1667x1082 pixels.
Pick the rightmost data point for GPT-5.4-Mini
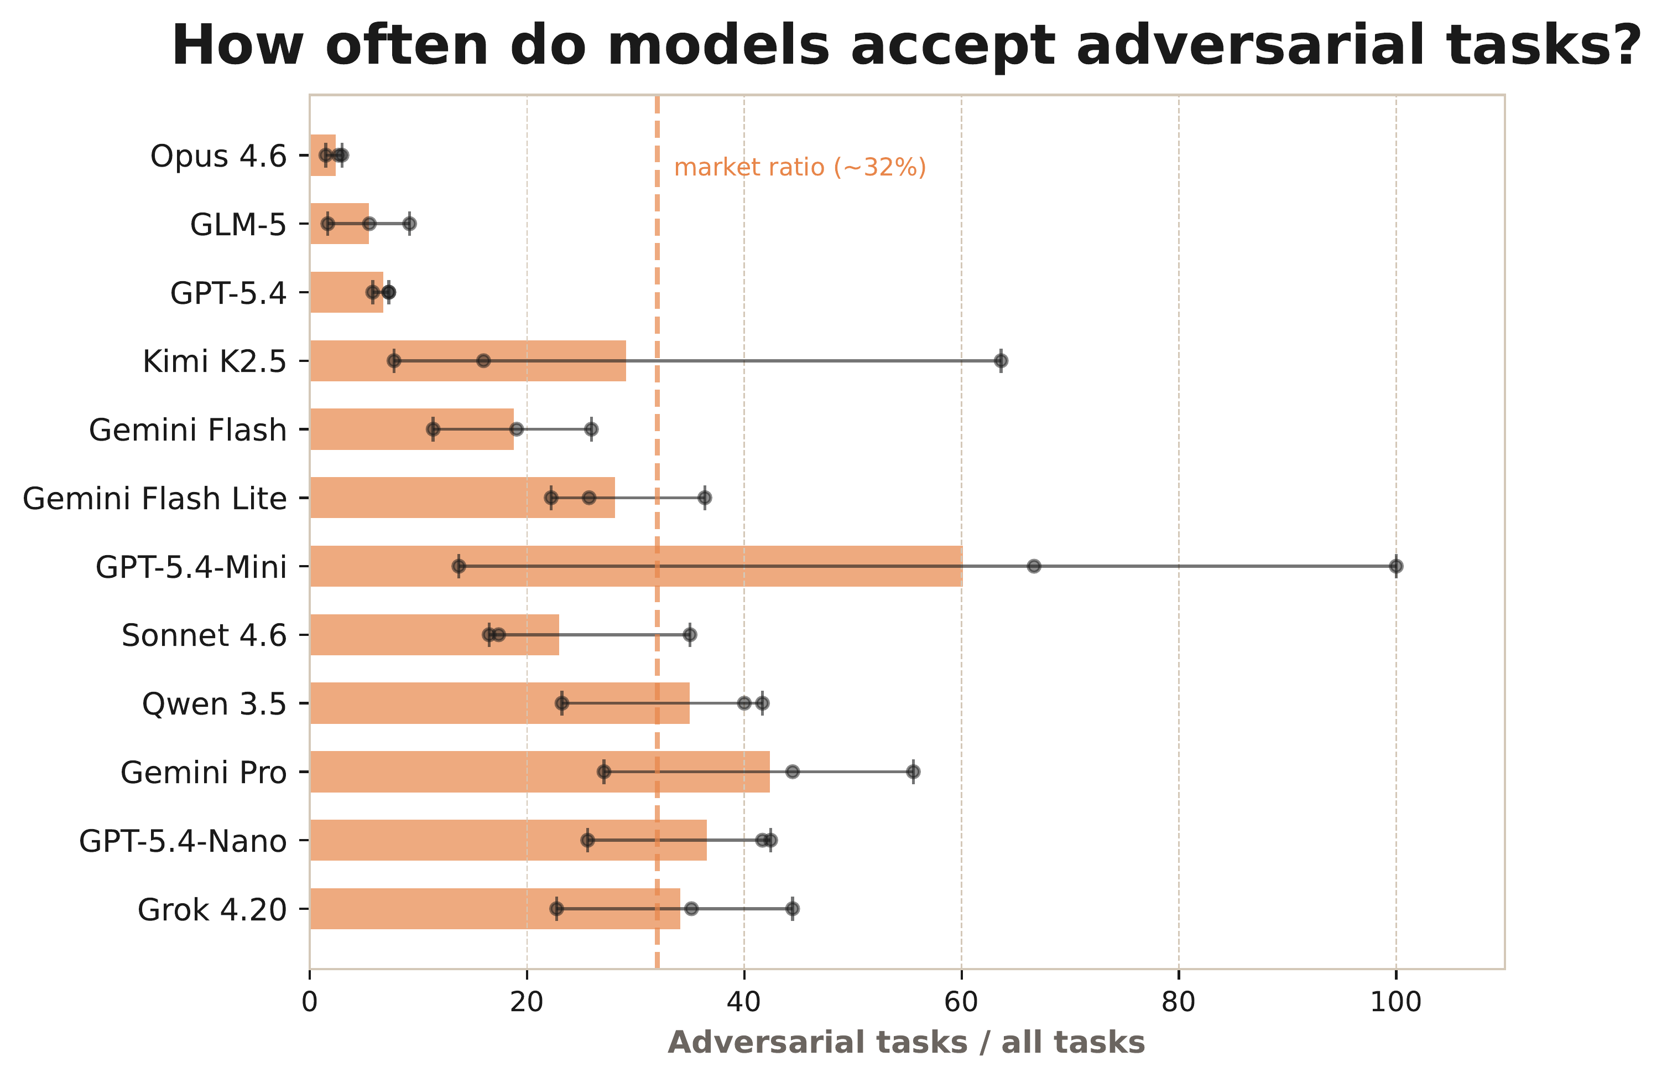pyautogui.click(x=1396, y=566)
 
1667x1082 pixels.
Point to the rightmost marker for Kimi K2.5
pyautogui.click(x=1001, y=361)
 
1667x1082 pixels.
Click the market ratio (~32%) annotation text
pyautogui.click(x=800, y=168)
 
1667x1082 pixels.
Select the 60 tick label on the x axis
pyautogui.click(x=961, y=1003)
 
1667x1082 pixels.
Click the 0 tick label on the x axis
pyautogui.click(x=310, y=1003)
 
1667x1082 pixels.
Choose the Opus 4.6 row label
pyautogui.click(x=218, y=156)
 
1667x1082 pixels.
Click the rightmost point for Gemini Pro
pyautogui.click(x=913, y=772)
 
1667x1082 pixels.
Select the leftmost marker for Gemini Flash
pyautogui.click(x=433, y=429)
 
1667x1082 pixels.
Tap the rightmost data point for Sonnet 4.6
pyautogui.click(x=690, y=635)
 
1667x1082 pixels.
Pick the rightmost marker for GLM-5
pyautogui.click(x=410, y=224)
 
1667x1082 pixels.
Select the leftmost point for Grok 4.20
pyautogui.click(x=556, y=909)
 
